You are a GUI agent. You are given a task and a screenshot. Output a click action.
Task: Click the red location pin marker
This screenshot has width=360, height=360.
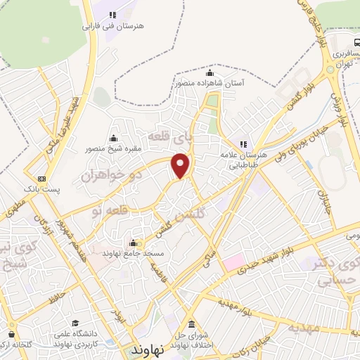tap(181, 166)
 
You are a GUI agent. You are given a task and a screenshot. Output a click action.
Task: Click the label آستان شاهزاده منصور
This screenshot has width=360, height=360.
tap(210, 83)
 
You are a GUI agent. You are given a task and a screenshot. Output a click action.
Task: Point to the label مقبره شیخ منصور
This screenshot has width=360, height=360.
tap(115, 148)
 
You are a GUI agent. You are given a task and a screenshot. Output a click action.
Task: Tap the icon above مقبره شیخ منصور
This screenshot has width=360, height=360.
tap(114, 138)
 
